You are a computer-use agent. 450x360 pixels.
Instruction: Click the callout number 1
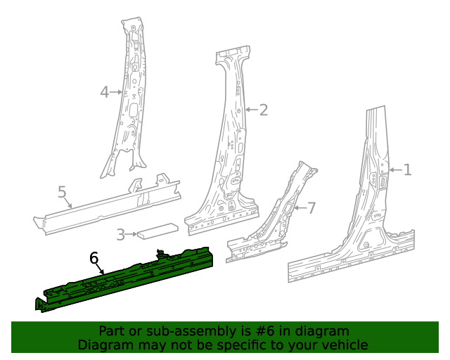tap(406, 169)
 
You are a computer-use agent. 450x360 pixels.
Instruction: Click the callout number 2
tap(263, 110)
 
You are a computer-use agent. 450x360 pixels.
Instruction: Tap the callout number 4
tap(104, 91)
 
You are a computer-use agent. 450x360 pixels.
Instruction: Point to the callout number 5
tap(62, 191)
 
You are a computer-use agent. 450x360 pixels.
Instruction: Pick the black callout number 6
tap(94, 258)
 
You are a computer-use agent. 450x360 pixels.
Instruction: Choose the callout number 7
tap(311, 207)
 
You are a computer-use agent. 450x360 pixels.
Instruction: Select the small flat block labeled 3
tap(158, 230)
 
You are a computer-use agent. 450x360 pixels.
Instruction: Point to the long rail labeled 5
tap(105, 205)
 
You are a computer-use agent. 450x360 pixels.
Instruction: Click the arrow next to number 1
tap(394, 169)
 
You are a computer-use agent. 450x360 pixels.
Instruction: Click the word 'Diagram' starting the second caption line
tap(103, 345)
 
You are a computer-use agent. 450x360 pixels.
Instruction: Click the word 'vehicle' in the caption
tap(345, 345)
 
